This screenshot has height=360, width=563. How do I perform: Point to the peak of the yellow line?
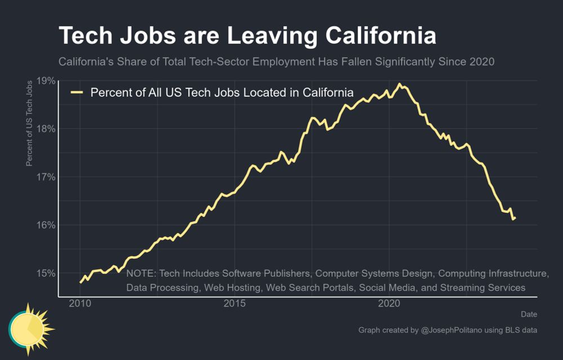[399, 85]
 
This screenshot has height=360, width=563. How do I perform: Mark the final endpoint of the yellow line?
[515, 218]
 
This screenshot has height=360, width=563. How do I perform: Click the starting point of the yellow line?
[81, 282]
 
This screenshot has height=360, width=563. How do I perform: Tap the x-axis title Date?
[529, 314]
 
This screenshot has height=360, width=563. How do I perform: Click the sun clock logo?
[29, 328]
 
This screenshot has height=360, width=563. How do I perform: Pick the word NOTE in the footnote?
[141, 274]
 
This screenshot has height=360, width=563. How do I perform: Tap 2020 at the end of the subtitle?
[482, 61]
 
